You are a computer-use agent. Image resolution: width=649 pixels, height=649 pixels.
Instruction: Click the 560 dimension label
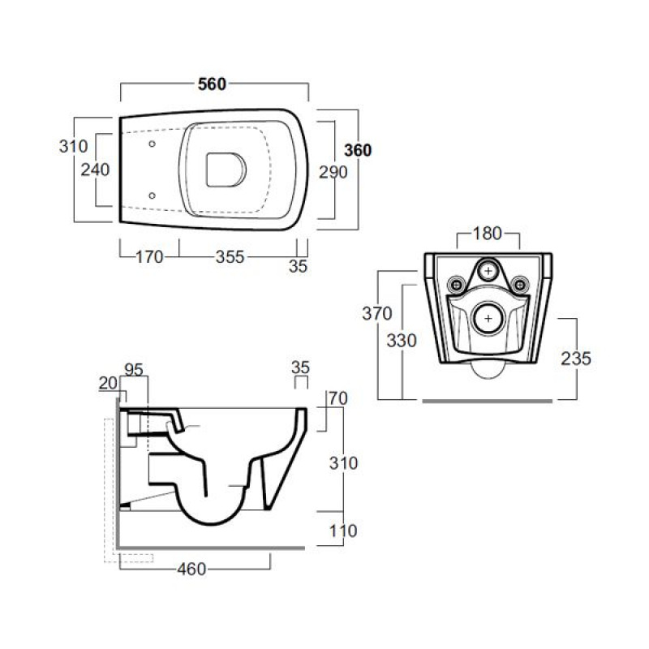pyautogui.click(x=212, y=84)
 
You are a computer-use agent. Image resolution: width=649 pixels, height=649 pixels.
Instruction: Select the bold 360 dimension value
pyautogui.click(x=358, y=150)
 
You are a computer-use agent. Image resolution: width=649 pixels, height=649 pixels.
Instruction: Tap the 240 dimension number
pyautogui.click(x=95, y=170)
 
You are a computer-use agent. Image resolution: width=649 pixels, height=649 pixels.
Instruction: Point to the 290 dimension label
pyautogui.click(x=333, y=172)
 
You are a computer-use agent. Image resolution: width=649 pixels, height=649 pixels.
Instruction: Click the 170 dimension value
pyautogui.click(x=149, y=257)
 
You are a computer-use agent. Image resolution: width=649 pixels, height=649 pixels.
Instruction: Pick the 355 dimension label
pyautogui.click(x=230, y=257)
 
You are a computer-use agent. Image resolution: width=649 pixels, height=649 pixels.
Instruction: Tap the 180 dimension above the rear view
pyautogui.click(x=488, y=234)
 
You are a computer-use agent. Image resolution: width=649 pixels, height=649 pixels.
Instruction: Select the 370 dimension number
pyautogui.click(x=377, y=314)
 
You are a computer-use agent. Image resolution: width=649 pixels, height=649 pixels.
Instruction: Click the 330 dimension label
pyautogui.click(x=402, y=341)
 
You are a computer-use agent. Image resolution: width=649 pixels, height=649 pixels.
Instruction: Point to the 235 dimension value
pyautogui.click(x=576, y=359)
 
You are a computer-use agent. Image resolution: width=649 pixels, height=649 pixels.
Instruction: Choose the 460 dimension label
pyautogui.click(x=191, y=569)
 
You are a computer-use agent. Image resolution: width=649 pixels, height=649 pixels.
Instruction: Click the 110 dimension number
pyautogui.click(x=343, y=531)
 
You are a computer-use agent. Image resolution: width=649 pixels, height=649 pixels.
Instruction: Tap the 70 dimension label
pyautogui.click(x=338, y=398)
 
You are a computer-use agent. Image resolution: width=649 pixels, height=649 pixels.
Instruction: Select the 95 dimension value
pyautogui.click(x=134, y=370)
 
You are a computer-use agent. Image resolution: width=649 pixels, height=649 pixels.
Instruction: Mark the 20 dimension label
pyautogui.click(x=108, y=383)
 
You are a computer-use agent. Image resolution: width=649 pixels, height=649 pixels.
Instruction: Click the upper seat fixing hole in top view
pyautogui.click(x=152, y=144)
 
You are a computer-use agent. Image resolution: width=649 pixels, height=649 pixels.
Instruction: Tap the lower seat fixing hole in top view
pyautogui.click(x=152, y=196)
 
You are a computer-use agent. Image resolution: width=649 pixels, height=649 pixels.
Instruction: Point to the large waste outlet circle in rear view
pyautogui.click(x=488, y=319)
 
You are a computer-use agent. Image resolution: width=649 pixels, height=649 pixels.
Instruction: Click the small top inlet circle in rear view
pyautogui.click(x=488, y=271)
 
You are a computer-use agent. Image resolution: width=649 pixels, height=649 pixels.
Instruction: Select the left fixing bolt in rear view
pyautogui.click(x=457, y=285)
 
